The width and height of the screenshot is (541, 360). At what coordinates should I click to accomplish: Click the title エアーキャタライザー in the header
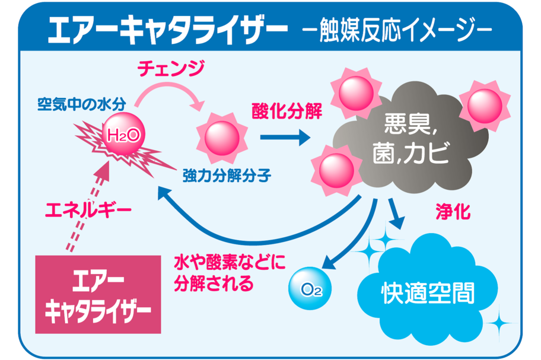coord(168,27)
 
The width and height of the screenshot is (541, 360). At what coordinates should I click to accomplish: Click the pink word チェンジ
coord(171,69)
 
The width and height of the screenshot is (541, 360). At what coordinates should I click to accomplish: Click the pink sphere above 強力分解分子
coord(222,137)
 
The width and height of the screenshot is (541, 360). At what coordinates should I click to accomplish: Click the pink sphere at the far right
coord(485,105)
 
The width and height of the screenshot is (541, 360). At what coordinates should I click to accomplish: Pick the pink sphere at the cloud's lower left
coord(336,170)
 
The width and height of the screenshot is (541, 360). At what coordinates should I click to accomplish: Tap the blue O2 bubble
coord(308,289)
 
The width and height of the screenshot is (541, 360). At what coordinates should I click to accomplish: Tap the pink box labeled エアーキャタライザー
coord(98,294)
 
